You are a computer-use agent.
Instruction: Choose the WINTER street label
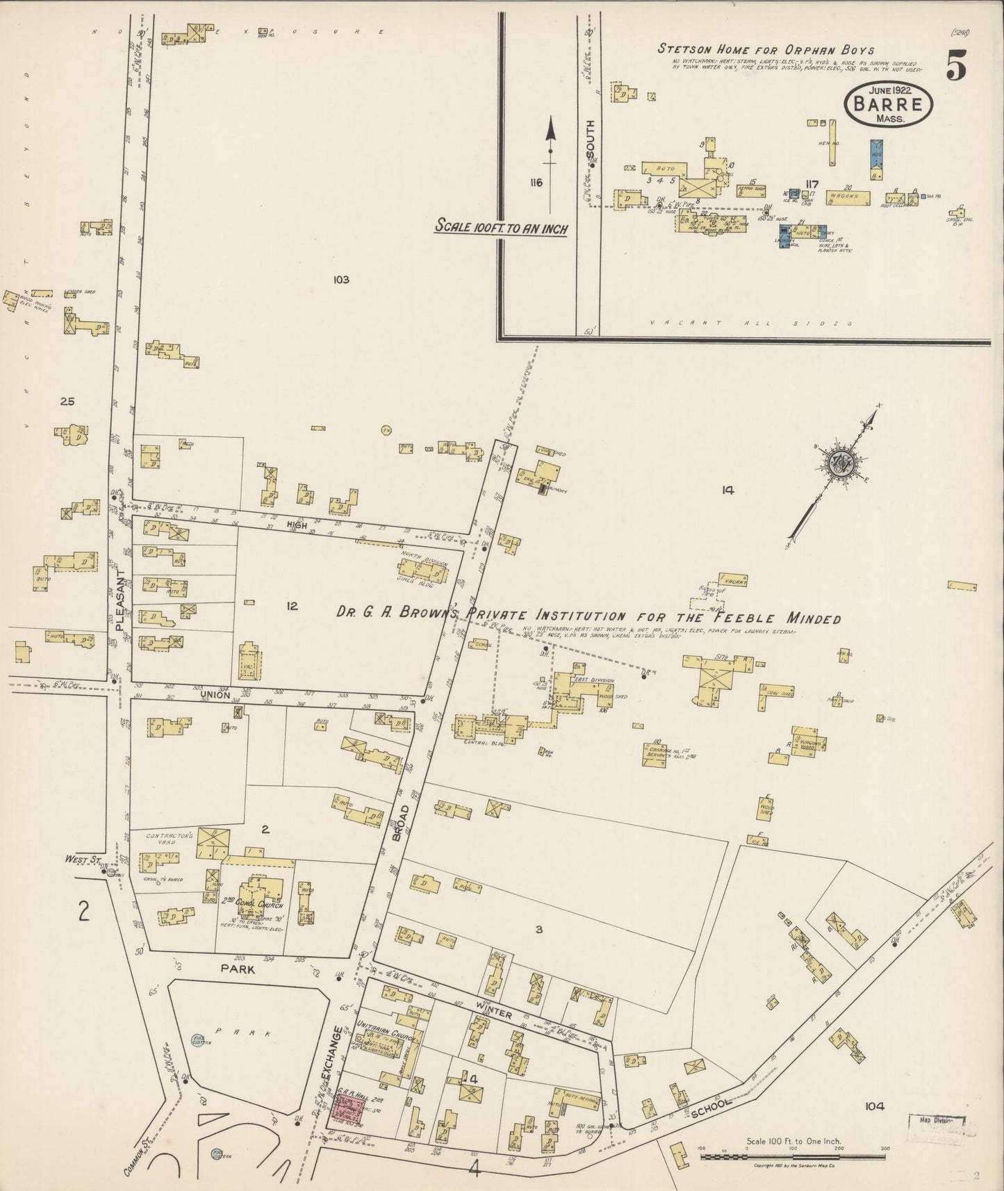tap(493, 1014)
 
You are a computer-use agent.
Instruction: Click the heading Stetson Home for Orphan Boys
tap(766, 49)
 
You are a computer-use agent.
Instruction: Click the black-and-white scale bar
tap(791, 1157)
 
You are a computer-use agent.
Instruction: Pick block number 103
tap(340, 280)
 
